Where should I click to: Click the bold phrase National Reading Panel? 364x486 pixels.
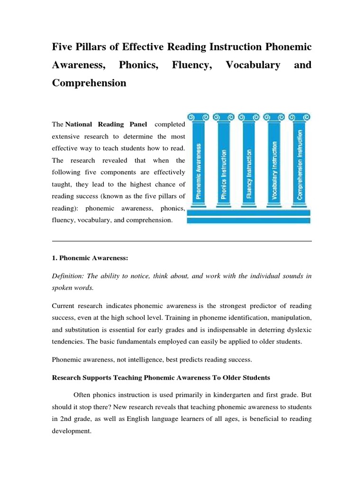(106, 124)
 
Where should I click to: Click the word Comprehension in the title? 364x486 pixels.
(89, 83)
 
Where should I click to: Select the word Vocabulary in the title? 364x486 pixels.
(253, 65)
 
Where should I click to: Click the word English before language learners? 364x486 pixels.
(139, 420)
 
